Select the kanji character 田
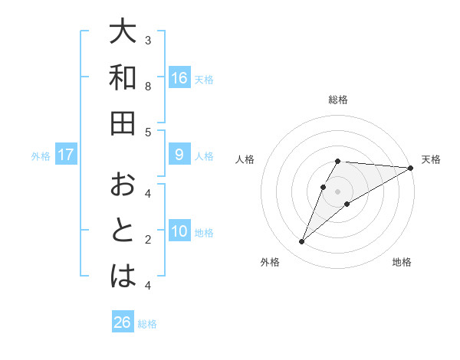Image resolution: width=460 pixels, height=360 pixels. point(122,123)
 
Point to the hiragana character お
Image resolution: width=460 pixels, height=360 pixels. point(122,185)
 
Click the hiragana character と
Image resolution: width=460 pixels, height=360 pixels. point(122,231)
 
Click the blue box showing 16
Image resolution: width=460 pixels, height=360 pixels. point(179,77)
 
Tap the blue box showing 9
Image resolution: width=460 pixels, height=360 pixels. point(179,155)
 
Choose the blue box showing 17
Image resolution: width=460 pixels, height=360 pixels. point(66,155)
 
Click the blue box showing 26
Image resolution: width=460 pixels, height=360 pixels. point(123,322)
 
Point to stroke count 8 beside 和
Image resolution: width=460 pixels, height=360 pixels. point(148,86)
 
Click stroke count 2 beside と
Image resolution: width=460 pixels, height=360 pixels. point(148,239)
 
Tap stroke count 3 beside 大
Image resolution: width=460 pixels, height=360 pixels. point(148,40)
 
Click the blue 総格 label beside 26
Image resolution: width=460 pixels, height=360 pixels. point(147,324)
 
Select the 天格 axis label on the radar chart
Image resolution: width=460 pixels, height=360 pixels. point(431,159)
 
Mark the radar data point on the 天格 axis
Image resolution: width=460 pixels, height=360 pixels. point(410,168)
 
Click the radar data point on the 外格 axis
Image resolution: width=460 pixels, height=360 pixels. point(301,242)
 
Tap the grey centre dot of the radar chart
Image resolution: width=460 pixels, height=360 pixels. point(337,191)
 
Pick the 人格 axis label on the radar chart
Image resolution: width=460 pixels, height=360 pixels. point(245,159)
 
